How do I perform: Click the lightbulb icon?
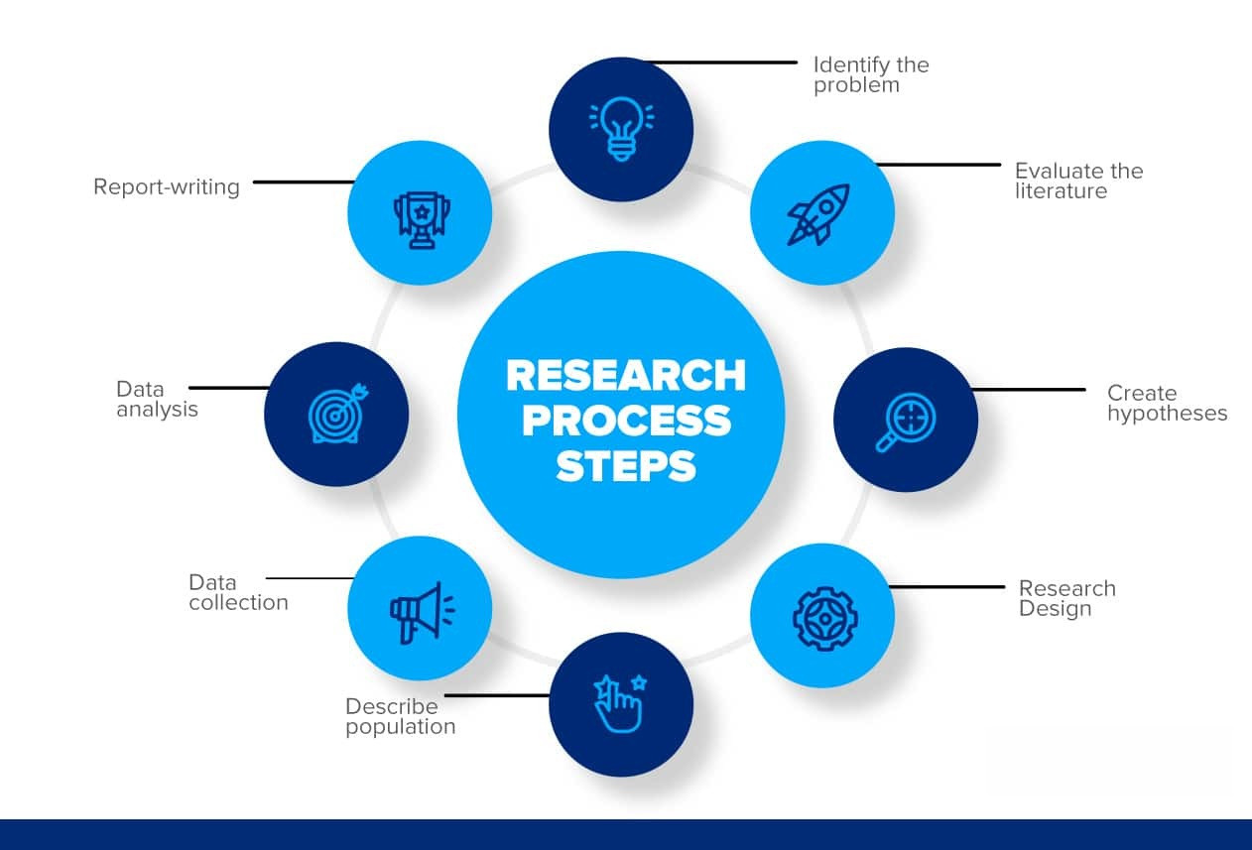click(x=622, y=129)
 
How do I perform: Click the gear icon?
click(x=824, y=617)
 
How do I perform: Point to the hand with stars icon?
click(x=619, y=703)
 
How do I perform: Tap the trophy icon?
click(x=421, y=216)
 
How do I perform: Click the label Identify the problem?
click(x=871, y=75)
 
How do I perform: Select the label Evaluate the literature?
click(x=1078, y=181)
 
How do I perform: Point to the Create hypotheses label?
click(x=1167, y=403)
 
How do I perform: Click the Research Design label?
click(x=1066, y=598)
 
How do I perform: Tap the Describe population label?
click(x=400, y=716)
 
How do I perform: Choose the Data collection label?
click(x=238, y=592)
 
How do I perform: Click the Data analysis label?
click(x=157, y=399)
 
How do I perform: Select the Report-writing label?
click(x=167, y=186)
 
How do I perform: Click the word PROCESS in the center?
click(x=626, y=421)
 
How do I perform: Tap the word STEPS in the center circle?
click(x=626, y=466)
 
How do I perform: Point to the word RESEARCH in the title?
click(x=626, y=376)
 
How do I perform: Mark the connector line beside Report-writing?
click(x=303, y=182)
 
